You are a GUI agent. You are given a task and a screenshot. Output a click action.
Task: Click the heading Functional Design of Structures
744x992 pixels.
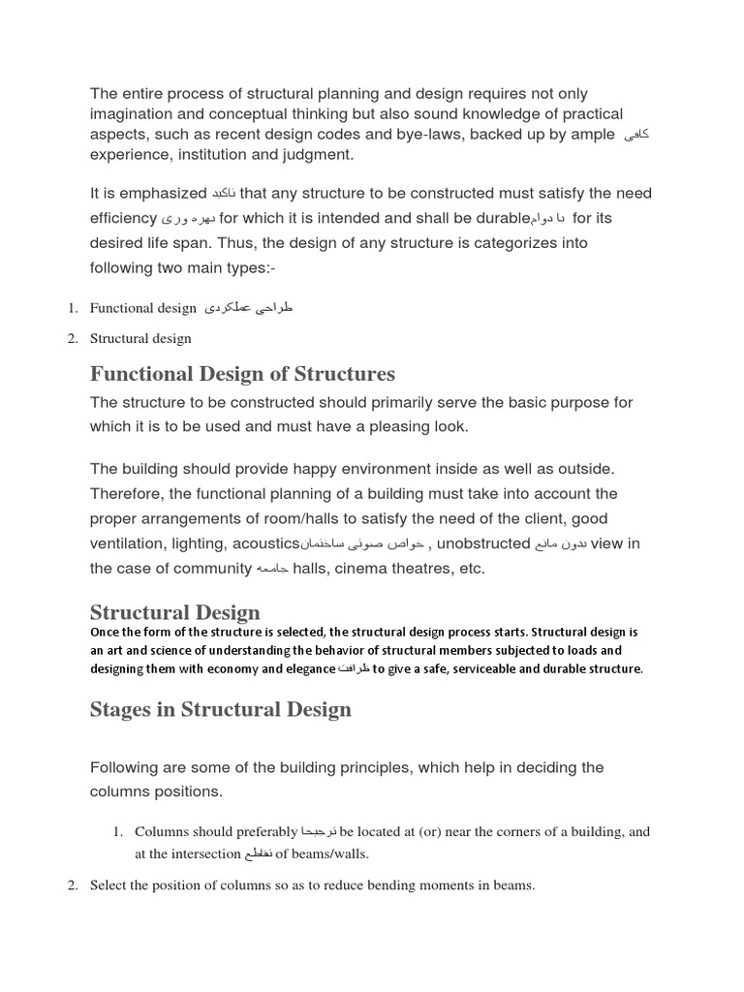242,374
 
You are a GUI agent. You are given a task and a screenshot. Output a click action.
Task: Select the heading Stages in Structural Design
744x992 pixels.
221,710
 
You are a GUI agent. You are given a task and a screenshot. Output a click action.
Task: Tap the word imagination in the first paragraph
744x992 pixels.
136,114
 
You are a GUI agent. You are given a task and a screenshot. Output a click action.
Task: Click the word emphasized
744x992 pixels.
161,194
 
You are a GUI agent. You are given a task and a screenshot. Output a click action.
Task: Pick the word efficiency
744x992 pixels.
123,218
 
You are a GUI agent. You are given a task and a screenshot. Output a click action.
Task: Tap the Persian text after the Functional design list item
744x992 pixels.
248,308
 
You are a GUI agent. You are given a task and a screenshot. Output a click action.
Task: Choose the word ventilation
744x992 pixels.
126,543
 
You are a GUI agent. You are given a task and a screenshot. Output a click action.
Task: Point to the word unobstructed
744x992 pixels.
483,543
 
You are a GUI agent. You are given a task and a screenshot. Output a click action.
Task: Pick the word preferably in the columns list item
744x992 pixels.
261,832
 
